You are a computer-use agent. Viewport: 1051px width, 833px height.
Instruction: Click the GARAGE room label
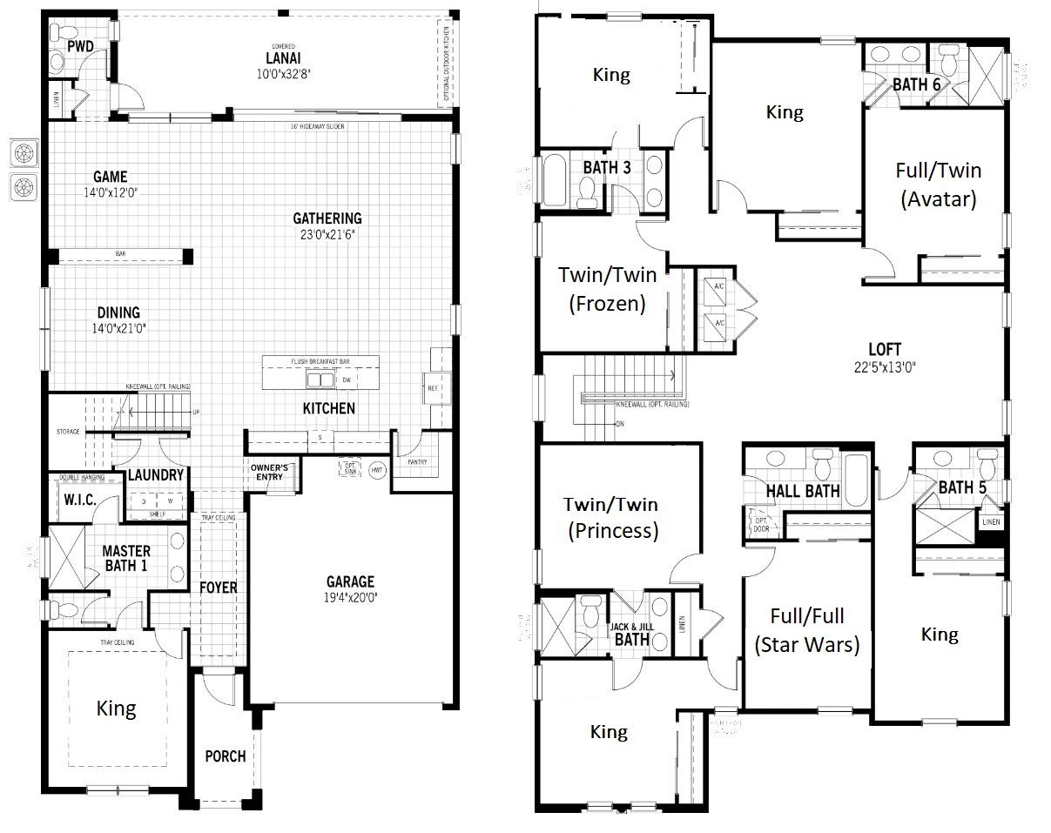[350, 581]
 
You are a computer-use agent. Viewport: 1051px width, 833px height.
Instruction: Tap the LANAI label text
[285, 58]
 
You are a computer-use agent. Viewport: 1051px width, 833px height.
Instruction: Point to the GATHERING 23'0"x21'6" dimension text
[327, 234]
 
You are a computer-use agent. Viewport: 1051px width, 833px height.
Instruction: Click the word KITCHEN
[328, 408]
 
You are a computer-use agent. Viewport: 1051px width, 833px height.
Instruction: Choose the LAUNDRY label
[156, 475]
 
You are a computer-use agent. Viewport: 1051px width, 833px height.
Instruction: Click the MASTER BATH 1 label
[126, 558]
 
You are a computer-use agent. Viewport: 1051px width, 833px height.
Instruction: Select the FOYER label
[218, 588]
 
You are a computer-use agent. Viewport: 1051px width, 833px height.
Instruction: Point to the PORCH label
[225, 756]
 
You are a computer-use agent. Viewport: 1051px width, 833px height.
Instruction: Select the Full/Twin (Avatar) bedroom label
[937, 184]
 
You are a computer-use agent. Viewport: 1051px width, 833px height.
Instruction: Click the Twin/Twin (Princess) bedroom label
[610, 517]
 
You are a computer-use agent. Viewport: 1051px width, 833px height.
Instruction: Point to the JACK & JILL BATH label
[631, 633]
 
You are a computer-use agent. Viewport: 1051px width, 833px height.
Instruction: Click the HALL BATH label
[802, 491]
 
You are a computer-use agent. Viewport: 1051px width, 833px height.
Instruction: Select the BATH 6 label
[916, 84]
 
